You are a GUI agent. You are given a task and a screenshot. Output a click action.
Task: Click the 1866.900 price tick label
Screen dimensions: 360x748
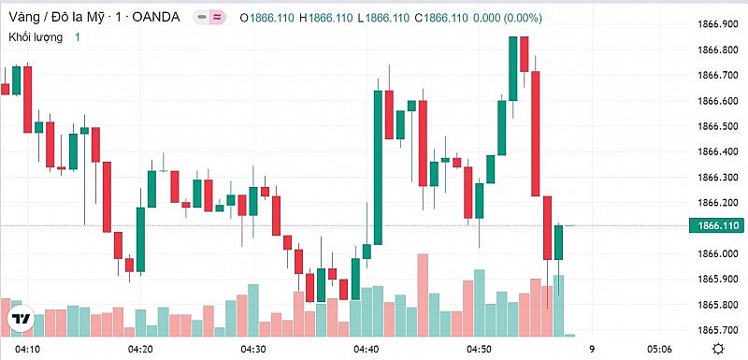pos(715,24)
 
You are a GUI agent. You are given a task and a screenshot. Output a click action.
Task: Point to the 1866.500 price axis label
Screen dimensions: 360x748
pos(715,126)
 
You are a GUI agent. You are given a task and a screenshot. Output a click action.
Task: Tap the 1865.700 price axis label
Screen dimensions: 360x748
pos(715,330)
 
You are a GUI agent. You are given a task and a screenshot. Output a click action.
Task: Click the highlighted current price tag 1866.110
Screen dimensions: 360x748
pos(713,225)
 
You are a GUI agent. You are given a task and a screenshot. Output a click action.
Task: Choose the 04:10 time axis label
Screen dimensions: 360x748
pos(28,349)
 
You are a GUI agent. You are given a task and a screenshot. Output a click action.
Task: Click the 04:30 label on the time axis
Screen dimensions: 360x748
pos(254,349)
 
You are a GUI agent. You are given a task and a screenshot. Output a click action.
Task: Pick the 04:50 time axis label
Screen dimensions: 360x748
pos(480,349)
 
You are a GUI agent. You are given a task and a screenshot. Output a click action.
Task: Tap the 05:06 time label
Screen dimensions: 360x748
pos(660,349)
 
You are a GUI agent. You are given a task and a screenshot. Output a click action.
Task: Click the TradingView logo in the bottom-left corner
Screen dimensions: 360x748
pos(21,320)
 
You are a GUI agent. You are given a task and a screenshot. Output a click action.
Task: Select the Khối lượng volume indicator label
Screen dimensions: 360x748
pos(36,36)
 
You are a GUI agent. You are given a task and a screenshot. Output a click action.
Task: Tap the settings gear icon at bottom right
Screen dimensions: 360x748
pos(715,349)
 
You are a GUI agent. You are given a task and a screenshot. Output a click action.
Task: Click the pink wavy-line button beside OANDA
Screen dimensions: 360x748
pos(218,17)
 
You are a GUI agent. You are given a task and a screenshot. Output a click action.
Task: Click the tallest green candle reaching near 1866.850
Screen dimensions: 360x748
pos(513,68)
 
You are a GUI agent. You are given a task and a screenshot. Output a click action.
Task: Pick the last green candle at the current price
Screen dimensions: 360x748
pos(559,242)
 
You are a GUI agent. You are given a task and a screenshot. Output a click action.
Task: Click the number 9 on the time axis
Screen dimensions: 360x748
pos(592,349)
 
